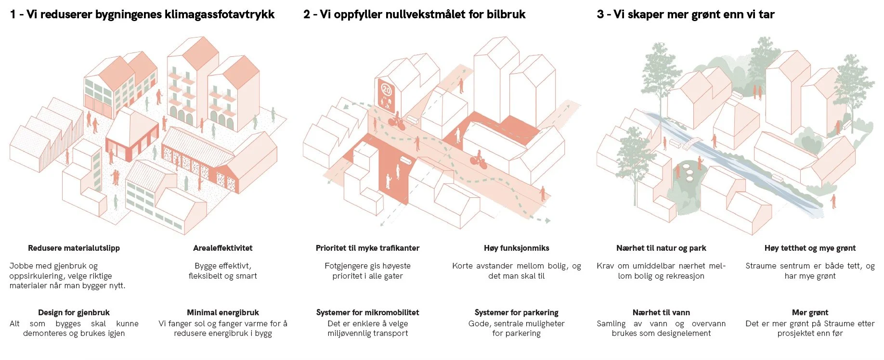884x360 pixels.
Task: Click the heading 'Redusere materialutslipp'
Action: [74, 248]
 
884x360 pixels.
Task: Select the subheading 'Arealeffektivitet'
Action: [222, 248]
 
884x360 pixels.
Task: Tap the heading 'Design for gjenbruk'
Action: [74, 312]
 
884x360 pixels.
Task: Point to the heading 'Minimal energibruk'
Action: [222, 312]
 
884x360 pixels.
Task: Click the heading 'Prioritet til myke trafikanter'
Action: [367, 248]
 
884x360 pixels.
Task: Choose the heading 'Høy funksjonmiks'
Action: [516, 248]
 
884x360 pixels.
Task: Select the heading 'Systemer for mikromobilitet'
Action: [367, 312]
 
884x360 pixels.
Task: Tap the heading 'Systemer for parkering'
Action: [516, 312]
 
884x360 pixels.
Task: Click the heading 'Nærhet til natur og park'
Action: [661, 248]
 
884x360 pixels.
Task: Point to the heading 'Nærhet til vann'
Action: [661, 312]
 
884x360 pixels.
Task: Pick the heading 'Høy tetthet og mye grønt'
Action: [810, 248]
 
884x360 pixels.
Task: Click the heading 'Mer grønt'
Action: [810, 312]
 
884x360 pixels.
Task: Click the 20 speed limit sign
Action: [386, 90]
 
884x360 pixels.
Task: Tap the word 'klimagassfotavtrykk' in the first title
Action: [220, 14]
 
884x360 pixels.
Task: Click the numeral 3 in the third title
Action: [600, 14]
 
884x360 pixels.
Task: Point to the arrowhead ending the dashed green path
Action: [547, 220]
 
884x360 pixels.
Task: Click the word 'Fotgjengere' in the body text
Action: [345, 266]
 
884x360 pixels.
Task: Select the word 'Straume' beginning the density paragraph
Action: [761, 266]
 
